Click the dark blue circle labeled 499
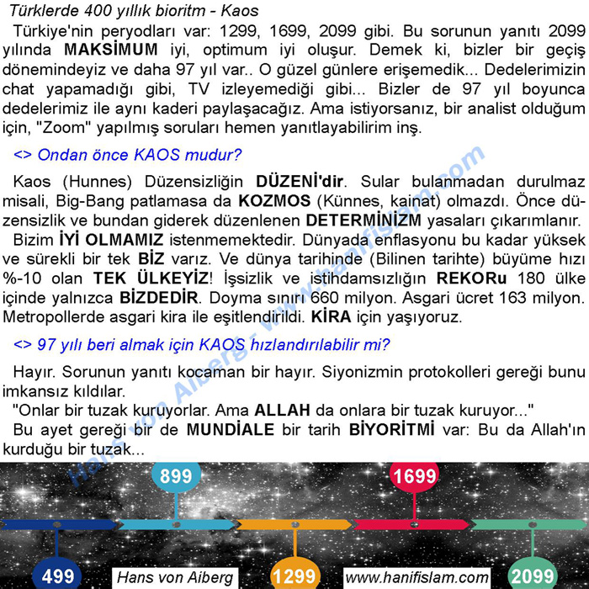click(x=57, y=576)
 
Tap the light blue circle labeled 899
click(x=176, y=476)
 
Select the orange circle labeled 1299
click(x=294, y=576)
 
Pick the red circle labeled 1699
click(x=414, y=476)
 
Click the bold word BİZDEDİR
click(x=159, y=298)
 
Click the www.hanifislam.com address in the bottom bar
click(x=417, y=577)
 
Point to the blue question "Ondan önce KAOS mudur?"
click(x=128, y=155)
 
